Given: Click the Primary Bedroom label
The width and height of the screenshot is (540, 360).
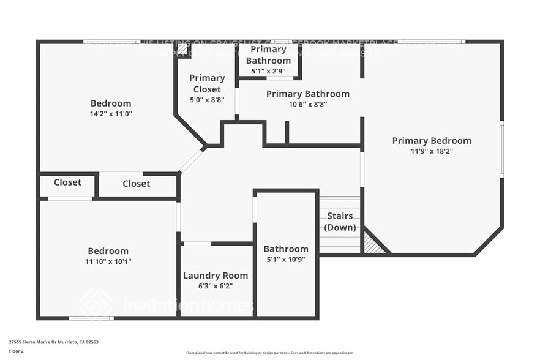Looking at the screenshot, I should (432, 141).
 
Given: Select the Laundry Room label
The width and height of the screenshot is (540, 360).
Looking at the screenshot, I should (216, 276).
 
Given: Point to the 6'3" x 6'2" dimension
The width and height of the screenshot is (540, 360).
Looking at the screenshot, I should (216, 286).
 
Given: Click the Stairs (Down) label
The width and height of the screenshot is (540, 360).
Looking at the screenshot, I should (340, 222).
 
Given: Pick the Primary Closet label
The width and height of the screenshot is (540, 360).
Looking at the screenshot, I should (206, 83).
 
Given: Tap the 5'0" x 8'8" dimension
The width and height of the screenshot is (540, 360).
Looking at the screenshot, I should (206, 99).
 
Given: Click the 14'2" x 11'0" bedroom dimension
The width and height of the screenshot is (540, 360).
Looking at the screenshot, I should (111, 113).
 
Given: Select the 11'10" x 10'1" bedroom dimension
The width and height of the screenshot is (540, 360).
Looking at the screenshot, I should (108, 261).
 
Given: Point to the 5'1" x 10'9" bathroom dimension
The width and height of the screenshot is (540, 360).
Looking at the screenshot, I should (286, 259).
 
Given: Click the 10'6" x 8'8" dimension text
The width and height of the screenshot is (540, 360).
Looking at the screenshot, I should (308, 104).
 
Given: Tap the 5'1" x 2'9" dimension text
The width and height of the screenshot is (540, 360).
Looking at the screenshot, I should (268, 70).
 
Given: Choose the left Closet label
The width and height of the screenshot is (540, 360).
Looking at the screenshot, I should (67, 182).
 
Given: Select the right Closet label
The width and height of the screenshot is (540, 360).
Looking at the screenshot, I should (136, 184).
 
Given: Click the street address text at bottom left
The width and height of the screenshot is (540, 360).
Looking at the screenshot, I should (54, 342).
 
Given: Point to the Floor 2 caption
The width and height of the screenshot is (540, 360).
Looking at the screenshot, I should (17, 351).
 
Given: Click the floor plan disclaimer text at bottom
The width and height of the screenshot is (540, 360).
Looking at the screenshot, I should (269, 353).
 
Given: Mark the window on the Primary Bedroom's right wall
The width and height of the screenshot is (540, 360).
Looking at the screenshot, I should (501, 149).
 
